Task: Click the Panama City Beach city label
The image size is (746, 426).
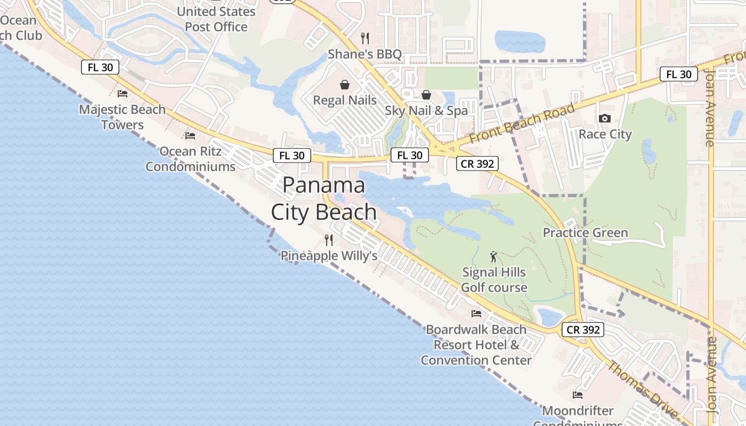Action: coord(324,199)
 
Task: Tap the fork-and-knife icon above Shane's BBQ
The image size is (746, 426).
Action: coord(365,38)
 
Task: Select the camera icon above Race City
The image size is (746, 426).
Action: coord(605,119)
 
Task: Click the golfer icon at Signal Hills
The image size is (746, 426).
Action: coord(494,257)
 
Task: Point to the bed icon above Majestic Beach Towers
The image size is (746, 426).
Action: coord(123,94)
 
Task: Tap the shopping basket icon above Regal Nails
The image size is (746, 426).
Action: coord(345,85)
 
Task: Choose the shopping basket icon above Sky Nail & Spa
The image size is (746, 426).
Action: coord(426,95)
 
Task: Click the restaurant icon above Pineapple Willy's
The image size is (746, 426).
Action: coord(329,240)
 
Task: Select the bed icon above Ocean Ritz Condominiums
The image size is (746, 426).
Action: coord(190,136)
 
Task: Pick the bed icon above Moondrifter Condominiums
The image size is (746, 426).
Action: coord(578,395)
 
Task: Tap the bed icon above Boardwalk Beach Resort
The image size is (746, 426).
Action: coord(476,314)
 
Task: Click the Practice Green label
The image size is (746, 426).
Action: coord(585,233)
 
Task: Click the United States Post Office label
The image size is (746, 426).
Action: coord(216,19)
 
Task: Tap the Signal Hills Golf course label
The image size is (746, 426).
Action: coord(494,280)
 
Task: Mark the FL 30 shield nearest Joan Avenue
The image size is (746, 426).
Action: coord(679,75)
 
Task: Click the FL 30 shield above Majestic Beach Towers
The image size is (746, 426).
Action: coord(100,68)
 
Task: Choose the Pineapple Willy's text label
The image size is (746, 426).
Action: coord(329,256)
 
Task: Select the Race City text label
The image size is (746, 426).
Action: coord(605,134)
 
